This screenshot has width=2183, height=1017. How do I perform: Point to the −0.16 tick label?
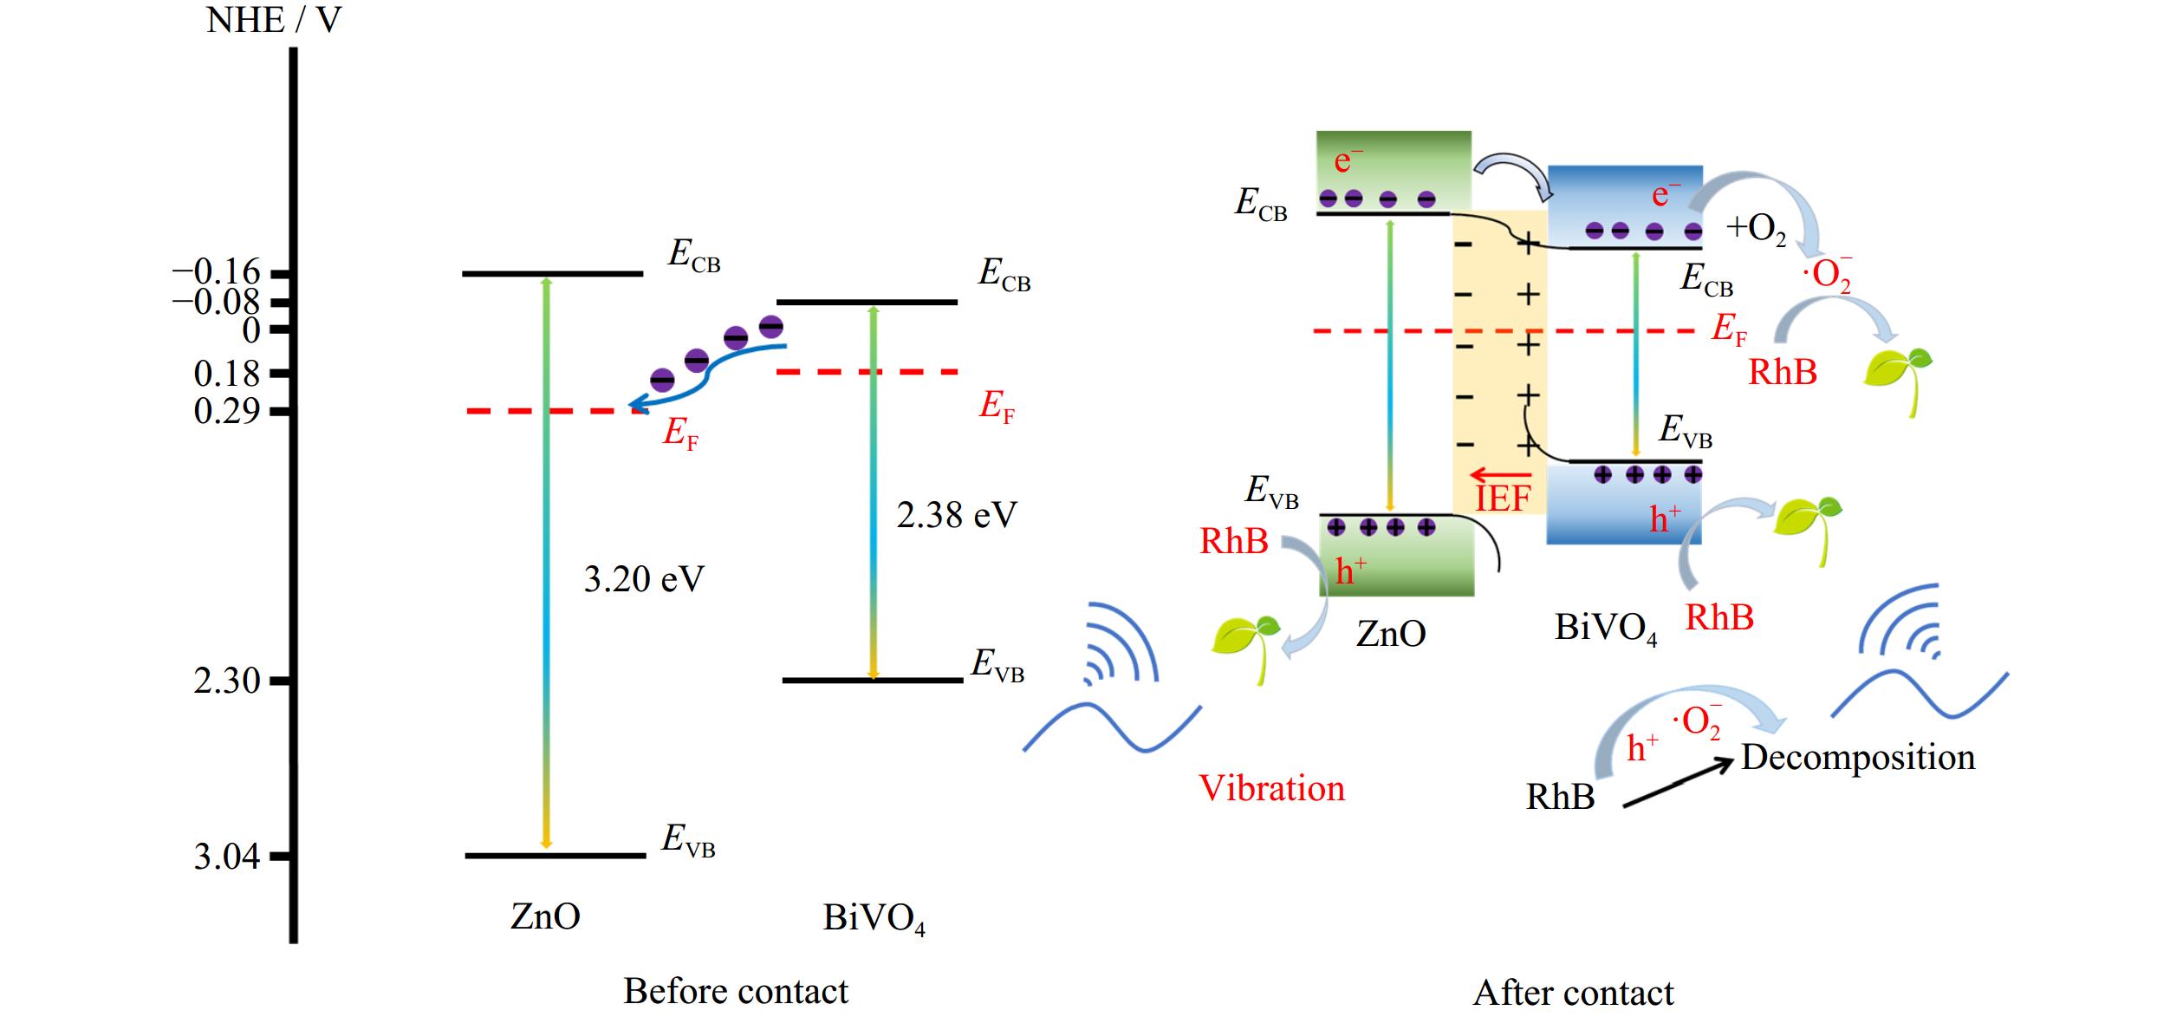coord(217,272)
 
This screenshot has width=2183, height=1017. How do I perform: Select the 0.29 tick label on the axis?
coord(226,411)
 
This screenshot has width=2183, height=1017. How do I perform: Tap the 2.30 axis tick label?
coord(226,681)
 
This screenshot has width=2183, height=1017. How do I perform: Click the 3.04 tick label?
coord(226,857)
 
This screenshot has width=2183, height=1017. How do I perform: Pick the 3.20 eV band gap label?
coord(643,579)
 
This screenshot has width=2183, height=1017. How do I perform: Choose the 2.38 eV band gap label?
coord(956,516)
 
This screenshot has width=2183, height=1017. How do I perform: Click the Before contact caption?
coord(736,991)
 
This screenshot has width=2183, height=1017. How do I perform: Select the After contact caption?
coord(1573,993)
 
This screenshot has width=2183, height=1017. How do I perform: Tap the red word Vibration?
coord(1271,788)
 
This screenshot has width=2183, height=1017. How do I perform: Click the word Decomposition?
coord(1858,757)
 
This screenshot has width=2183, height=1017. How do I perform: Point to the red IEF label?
coord(1503,498)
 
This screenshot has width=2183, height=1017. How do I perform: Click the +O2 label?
coord(1755,229)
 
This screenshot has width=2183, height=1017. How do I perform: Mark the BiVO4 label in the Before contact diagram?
coord(874,919)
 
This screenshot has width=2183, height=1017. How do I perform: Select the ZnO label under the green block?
coord(1390,633)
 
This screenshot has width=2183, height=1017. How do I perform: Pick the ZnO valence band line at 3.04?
coord(555,856)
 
